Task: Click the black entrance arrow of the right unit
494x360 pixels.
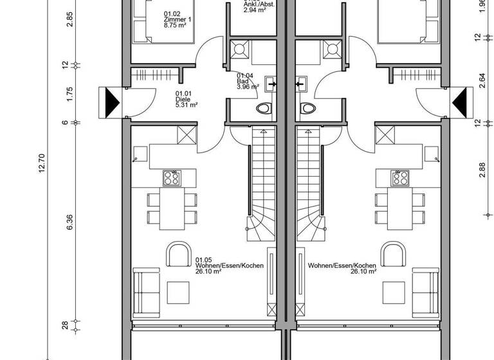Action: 461,102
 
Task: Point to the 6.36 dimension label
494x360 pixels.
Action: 70,222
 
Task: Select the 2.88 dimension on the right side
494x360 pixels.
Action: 482,169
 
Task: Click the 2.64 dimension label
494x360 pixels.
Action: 482,80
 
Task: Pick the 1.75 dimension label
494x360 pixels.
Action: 70,93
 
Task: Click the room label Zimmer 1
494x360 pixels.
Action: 175,20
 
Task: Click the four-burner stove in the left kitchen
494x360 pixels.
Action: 172,178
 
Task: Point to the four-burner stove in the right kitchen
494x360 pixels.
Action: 400,178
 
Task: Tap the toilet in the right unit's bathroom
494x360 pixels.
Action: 307,108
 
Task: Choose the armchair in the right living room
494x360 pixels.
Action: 391,255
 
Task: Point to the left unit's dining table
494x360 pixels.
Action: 170,208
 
